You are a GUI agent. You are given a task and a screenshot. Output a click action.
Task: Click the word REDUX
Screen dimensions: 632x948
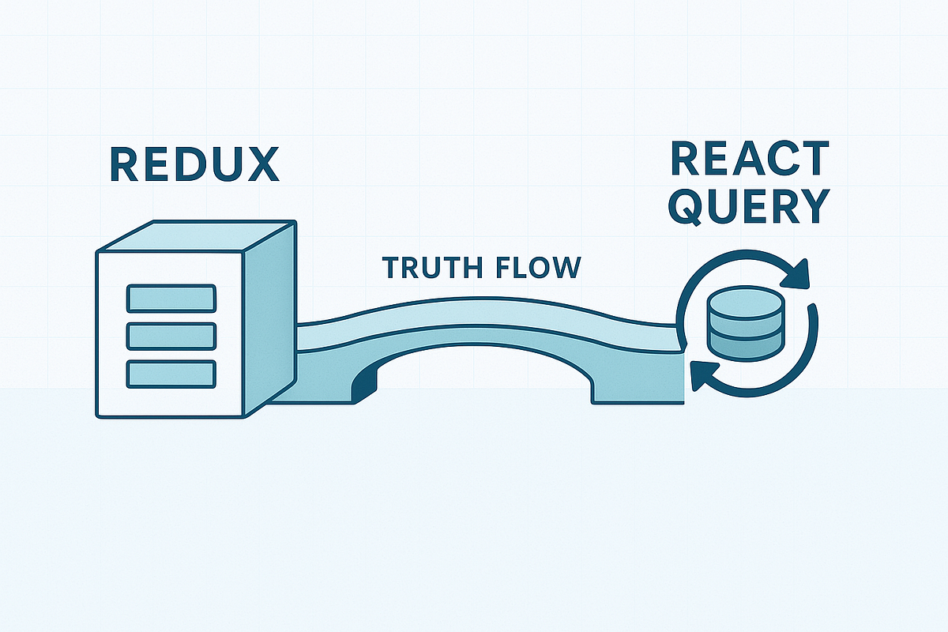[194, 164]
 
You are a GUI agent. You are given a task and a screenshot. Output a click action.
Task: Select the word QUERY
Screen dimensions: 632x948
[749, 207]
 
